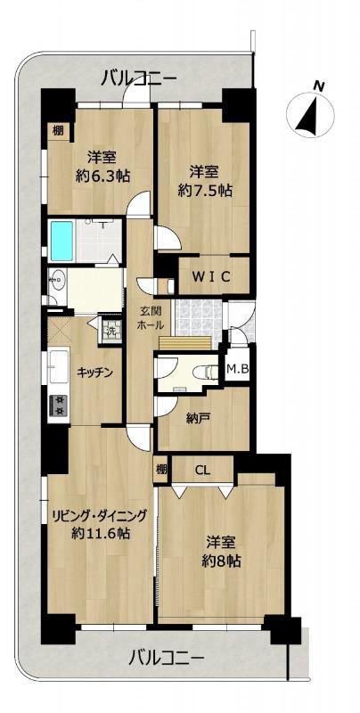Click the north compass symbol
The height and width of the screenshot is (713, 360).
click(310, 114)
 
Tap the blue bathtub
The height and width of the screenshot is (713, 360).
click(61, 241)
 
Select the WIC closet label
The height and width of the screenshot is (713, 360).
click(212, 276)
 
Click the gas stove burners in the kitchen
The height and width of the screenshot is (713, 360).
click(58, 406)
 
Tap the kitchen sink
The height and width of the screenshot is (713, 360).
click(59, 366)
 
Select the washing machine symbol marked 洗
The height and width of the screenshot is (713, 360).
click(109, 327)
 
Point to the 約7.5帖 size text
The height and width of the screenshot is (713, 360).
click(205, 192)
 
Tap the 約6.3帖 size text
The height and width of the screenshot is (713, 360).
click(102, 176)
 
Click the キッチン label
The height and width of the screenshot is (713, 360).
click(94, 373)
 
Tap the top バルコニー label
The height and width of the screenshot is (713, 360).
click(139, 78)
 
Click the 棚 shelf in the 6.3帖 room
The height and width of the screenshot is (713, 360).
click(58, 131)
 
